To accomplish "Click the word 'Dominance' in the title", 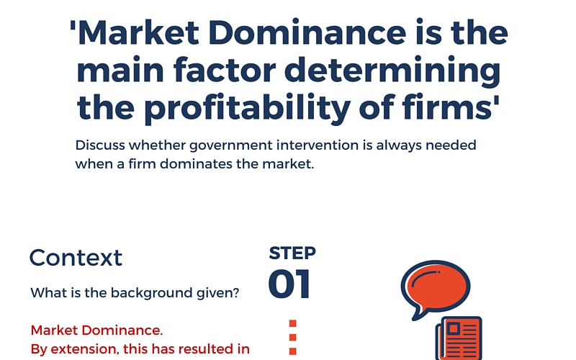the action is click(x=307, y=32).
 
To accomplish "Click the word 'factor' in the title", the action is click(x=225, y=69).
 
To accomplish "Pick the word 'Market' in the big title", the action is click(x=139, y=32).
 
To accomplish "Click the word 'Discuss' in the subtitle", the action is click(x=100, y=145).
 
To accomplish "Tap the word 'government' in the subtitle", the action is click(x=231, y=146).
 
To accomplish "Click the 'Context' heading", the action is click(x=76, y=258).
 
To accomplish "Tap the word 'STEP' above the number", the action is click(x=292, y=253).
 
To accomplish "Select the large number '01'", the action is click(x=289, y=284).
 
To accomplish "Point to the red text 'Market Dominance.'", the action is click(x=96, y=330).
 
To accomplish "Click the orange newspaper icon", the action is click(x=459, y=338).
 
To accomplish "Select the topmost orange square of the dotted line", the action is click(x=293, y=323).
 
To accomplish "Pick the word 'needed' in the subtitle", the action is click(x=451, y=145).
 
